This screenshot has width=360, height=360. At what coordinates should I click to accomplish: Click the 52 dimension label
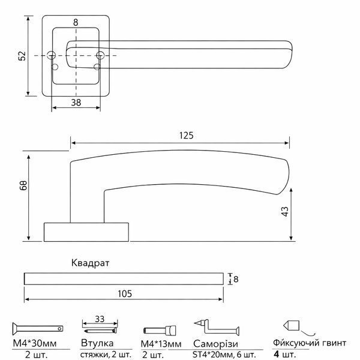[x=22, y=56]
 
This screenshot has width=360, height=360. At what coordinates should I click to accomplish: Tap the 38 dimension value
[x=76, y=103]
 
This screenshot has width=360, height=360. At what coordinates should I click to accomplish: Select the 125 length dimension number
[x=186, y=136]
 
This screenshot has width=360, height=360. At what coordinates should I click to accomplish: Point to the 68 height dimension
[x=24, y=185]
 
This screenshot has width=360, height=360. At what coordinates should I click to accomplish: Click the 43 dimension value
[x=284, y=211]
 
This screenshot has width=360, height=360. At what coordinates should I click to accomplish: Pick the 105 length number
[x=125, y=293]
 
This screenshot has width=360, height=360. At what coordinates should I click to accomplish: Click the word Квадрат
[x=90, y=263]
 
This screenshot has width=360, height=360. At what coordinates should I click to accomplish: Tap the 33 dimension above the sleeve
[x=100, y=319]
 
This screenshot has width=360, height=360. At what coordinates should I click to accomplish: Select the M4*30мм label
[x=35, y=343]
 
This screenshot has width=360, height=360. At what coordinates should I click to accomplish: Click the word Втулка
[x=97, y=343]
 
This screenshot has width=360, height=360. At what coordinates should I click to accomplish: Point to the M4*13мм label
[x=161, y=344]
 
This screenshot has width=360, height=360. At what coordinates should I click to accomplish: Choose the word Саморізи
[x=215, y=344]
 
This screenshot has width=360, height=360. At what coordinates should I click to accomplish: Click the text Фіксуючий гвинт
[x=310, y=343]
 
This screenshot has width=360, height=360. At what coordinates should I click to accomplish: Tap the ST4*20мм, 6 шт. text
[x=224, y=355]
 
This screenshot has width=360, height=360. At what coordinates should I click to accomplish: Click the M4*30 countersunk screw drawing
[x=38, y=329]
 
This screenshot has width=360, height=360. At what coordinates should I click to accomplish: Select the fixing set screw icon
[x=292, y=326]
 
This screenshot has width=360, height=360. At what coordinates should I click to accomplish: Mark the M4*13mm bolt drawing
[x=160, y=331]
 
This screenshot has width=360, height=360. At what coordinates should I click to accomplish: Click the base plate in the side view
[x=86, y=232]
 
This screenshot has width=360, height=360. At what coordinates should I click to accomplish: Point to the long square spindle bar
[x=124, y=279]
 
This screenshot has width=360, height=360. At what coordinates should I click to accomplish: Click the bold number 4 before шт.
[x=277, y=354]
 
